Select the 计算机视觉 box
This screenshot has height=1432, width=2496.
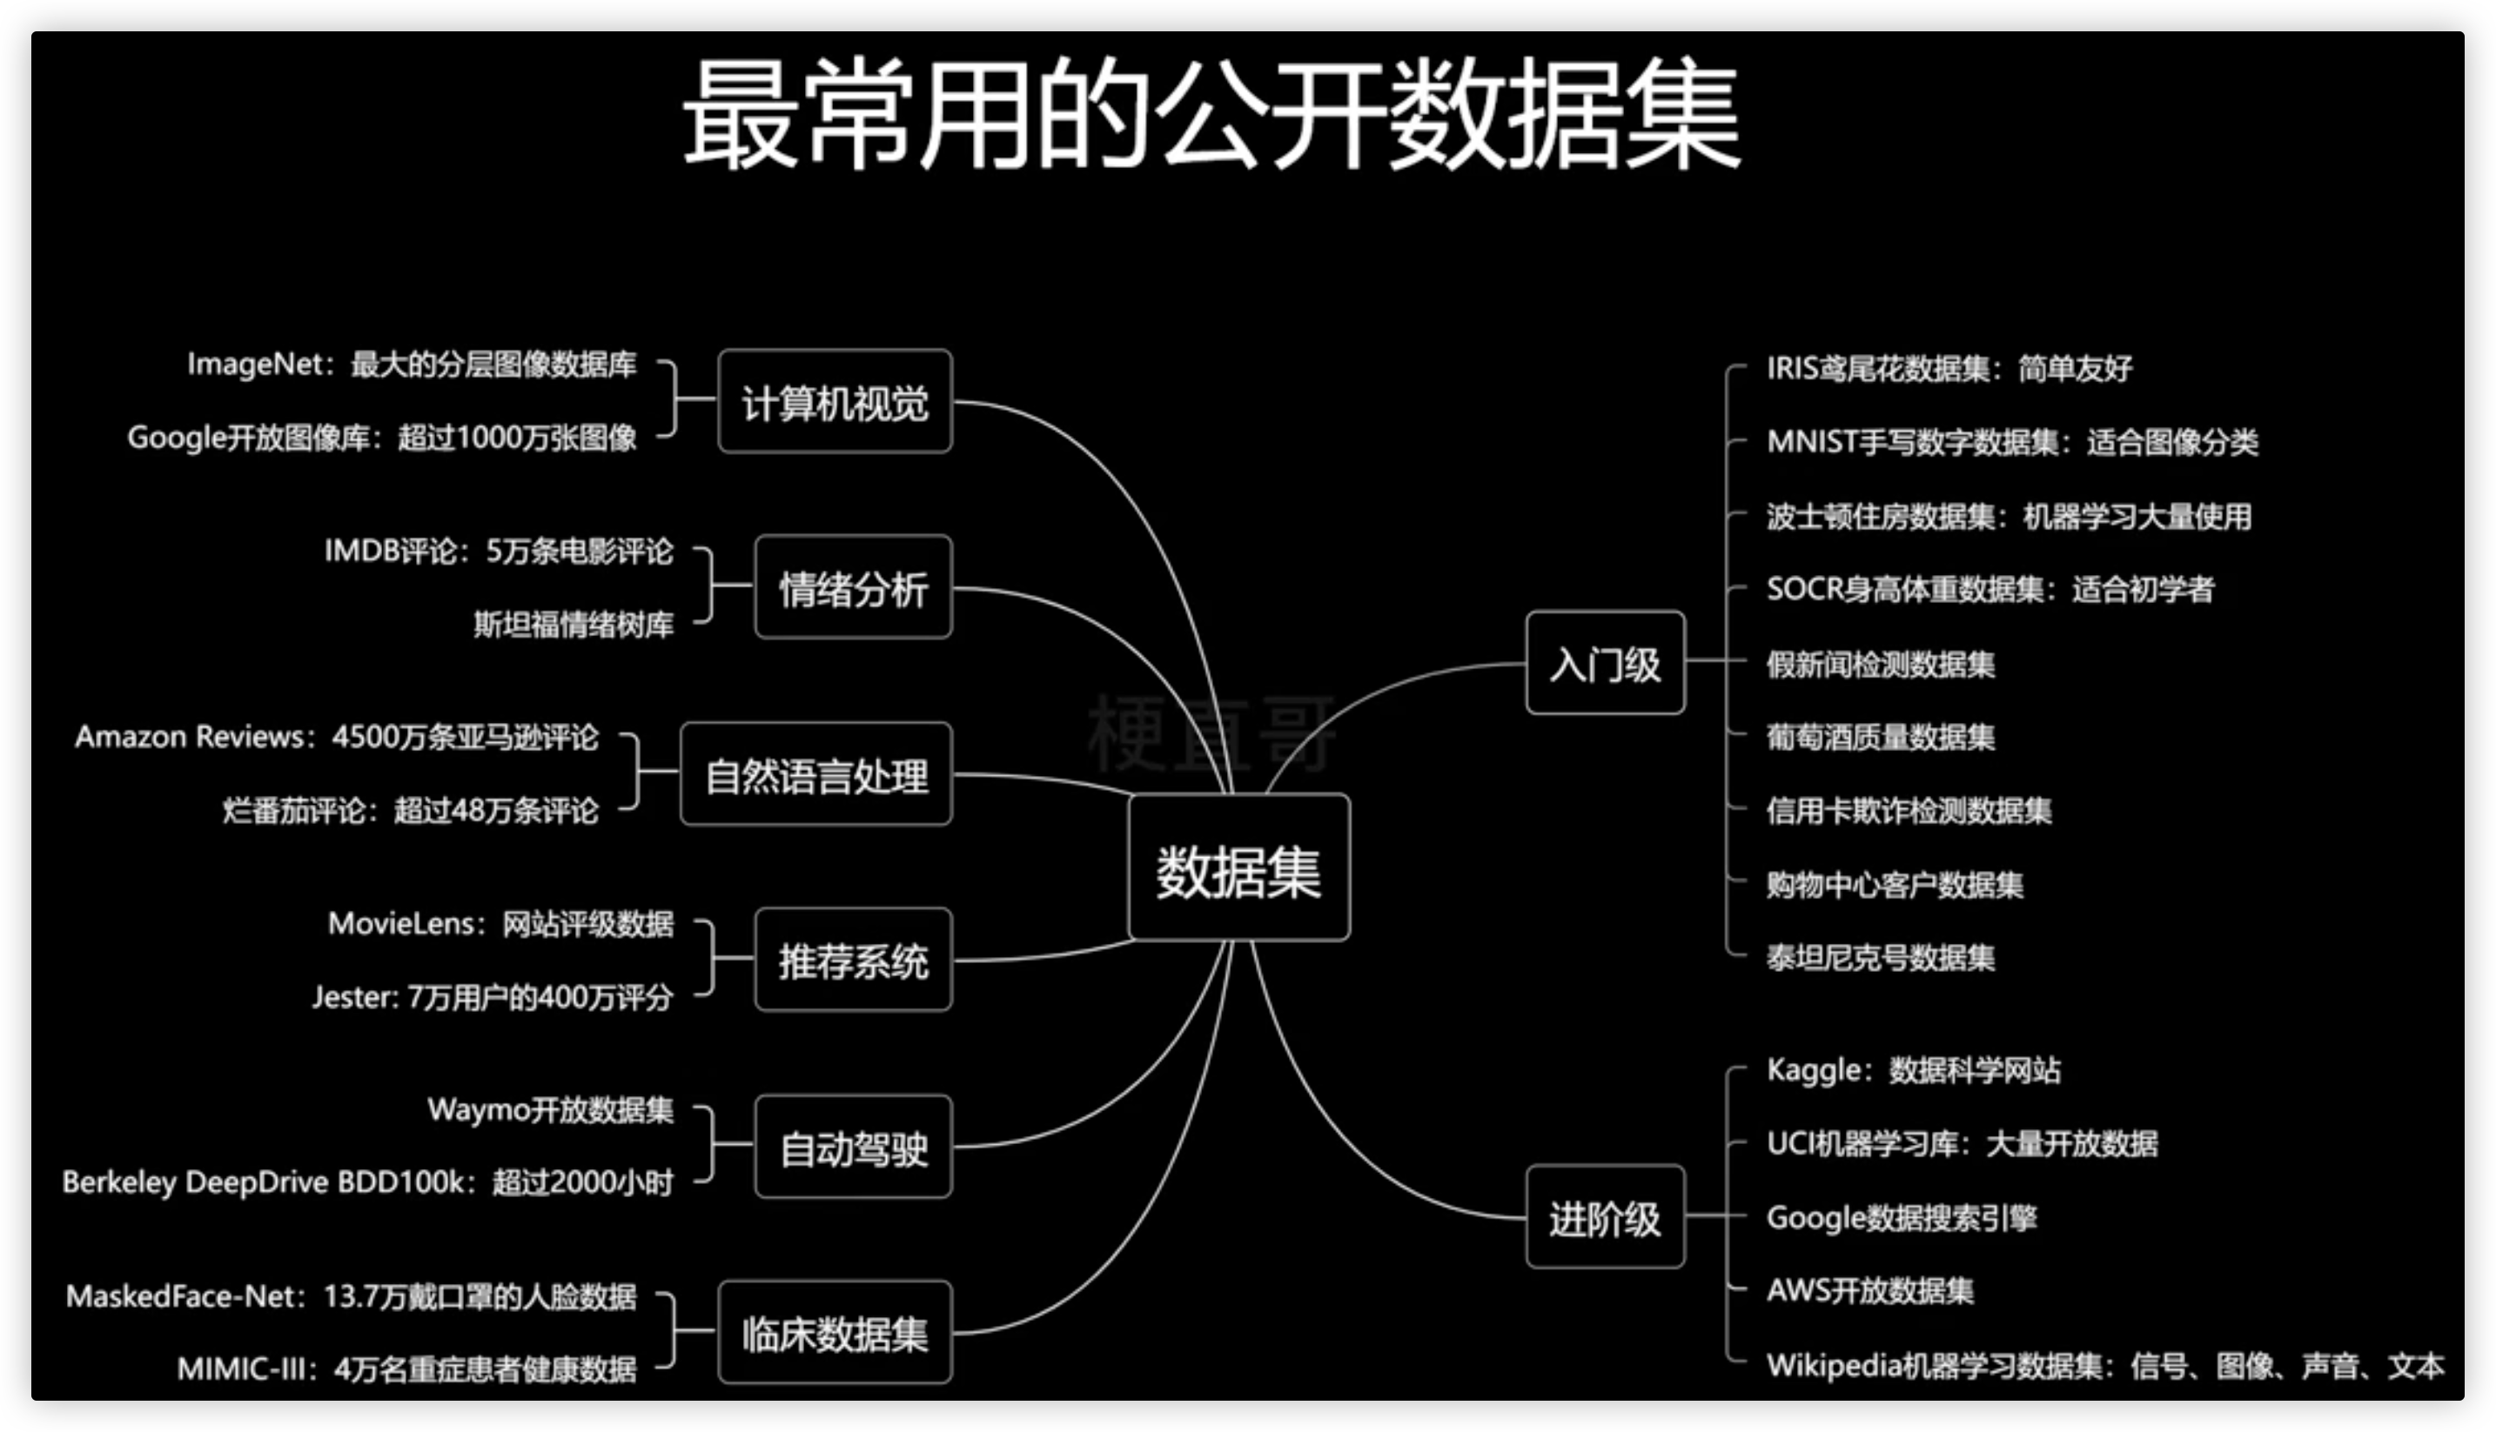pos(835,402)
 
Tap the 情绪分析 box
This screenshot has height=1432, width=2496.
pos(853,588)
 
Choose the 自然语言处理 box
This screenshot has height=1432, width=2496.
pos(816,775)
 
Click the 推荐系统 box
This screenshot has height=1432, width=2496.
pos(853,960)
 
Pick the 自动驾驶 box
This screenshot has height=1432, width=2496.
pos(853,1148)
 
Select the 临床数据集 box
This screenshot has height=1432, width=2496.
pos(835,1334)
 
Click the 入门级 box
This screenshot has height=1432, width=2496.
pos(1605,664)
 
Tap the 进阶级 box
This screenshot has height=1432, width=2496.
pos(1605,1218)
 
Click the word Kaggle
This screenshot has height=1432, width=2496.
pos(1812,1070)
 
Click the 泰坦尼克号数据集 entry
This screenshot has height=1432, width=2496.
pos(1880,958)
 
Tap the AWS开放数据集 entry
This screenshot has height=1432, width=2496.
pos(1869,1290)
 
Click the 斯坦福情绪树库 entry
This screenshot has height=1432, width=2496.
pos(574,625)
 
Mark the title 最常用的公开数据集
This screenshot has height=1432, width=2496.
pos(1212,113)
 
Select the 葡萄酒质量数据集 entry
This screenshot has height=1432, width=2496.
pos(1880,738)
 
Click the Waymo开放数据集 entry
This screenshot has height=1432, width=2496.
pos(551,1110)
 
